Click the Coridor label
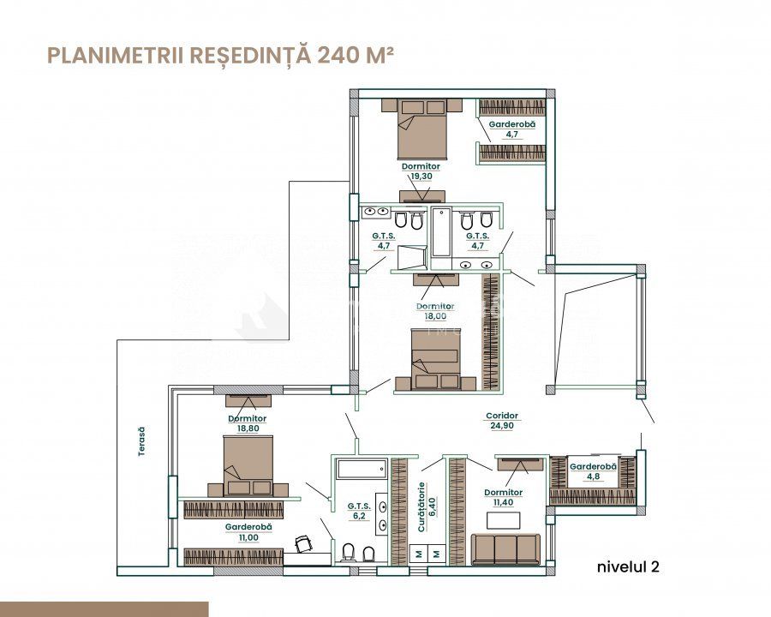coord(501,416)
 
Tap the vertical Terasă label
coord(141,440)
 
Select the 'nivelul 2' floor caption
coord(628,566)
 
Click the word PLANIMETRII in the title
coord(116,55)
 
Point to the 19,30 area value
coord(421,176)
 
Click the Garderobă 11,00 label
coord(248,532)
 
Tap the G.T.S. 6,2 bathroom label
coord(359,511)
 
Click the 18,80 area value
coord(248,428)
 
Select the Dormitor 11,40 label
coord(503,497)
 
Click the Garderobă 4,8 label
coord(593,470)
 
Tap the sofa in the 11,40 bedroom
coord(505,549)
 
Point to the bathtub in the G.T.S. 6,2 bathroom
coord(362,469)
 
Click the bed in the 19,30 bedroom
coord(421,129)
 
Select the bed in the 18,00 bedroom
coord(435,360)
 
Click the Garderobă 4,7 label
coord(512,129)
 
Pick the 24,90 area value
coord(501,426)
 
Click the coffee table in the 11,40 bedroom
coord(504,520)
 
